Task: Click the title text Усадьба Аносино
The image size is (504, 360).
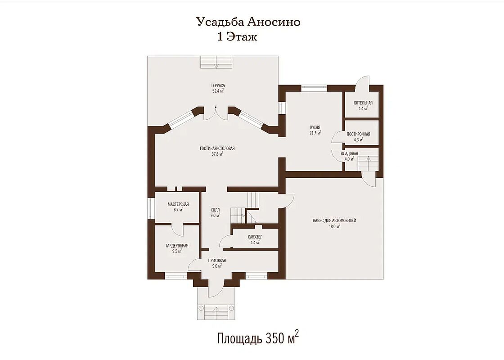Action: (248, 22)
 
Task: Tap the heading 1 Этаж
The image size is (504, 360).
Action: (238, 37)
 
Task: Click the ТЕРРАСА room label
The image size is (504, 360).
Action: (218, 85)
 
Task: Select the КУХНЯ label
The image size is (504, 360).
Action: (315, 128)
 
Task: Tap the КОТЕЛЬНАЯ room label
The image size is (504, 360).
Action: (363, 103)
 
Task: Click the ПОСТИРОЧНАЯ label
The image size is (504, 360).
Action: (358, 135)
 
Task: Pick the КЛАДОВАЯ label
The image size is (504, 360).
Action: (349, 153)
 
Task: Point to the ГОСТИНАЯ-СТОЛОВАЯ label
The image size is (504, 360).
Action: (217, 148)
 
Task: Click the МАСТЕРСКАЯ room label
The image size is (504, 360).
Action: (178, 204)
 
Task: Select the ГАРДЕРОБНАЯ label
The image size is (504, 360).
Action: (177, 246)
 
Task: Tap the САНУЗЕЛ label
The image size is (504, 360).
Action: (255, 237)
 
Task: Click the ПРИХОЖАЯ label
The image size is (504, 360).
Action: (217, 261)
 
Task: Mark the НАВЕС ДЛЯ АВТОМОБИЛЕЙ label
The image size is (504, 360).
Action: (334, 221)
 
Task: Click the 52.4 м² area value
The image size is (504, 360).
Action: (218, 91)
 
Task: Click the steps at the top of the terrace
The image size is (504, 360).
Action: (217, 62)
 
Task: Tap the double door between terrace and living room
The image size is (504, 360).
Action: (216, 113)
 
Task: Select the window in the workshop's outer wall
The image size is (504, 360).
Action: (150, 209)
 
